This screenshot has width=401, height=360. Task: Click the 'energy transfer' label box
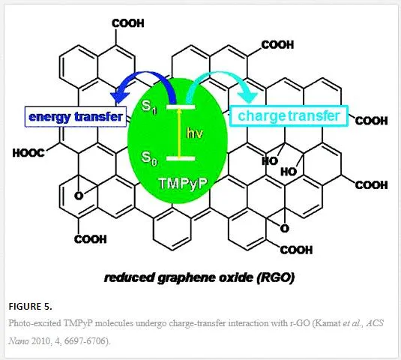(76, 117)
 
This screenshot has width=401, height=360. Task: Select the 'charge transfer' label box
(289, 116)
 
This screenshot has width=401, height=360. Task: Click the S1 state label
(149, 107)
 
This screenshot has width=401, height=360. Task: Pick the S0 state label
(149, 158)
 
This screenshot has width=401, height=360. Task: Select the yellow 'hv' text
(195, 133)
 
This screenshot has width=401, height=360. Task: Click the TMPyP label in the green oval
(183, 183)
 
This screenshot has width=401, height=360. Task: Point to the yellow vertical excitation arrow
(179, 133)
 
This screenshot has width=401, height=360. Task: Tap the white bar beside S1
(181, 106)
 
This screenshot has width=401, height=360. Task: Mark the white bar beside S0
(181, 159)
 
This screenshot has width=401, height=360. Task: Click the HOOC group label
(28, 153)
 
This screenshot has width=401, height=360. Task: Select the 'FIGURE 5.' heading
(30, 306)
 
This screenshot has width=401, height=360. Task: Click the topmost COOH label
(128, 23)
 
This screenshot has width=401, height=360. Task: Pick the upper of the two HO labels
(270, 161)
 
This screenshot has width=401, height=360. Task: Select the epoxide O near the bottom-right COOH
(285, 229)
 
